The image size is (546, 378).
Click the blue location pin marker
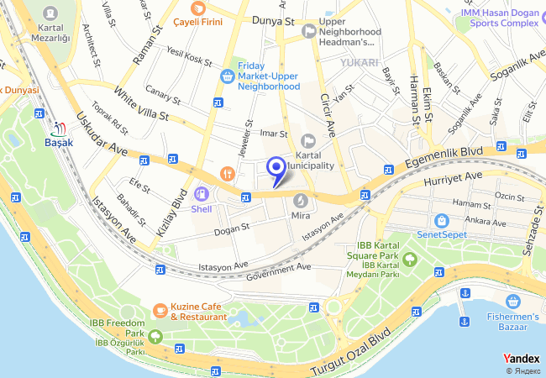point(276,169)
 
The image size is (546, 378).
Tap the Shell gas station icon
point(202,194)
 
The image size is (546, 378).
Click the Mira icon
point(301,200)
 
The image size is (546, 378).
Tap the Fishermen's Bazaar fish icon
point(512,302)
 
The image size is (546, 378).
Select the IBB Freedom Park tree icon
point(156,349)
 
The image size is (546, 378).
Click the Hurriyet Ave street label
point(454,177)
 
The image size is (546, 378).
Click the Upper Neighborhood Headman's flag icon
point(308,31)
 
